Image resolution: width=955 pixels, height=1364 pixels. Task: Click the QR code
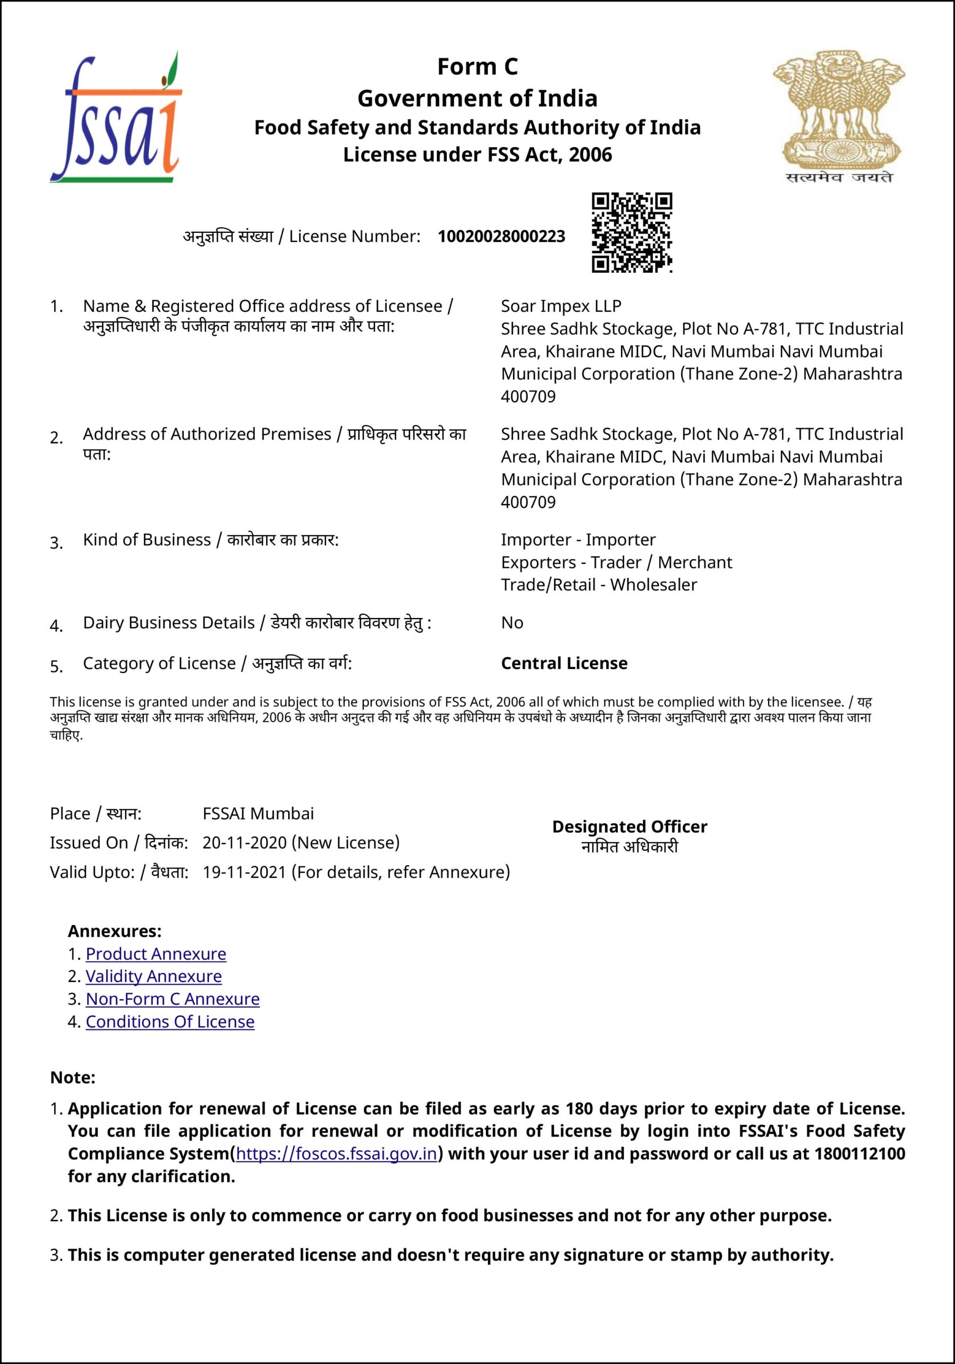click(631, 232)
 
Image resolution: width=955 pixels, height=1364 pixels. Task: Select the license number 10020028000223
click(501, 237)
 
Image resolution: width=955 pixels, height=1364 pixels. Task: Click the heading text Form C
click(477, 67)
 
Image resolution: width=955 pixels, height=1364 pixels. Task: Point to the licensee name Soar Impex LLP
click(561, 306)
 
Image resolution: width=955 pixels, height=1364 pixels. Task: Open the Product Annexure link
click(156, 954)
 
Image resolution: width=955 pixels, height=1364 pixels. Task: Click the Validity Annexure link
click(153, 976)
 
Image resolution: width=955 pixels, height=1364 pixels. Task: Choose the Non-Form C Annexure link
click(172, 998)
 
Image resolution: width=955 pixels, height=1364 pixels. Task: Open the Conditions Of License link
click(170, 1021)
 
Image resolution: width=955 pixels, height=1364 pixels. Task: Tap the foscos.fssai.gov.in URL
click(336, 1154)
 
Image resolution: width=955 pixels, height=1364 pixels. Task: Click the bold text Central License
click(564, 663)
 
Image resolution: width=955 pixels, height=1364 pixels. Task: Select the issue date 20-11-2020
click(244, 842)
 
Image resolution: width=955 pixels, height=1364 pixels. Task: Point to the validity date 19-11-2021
click(244, 872)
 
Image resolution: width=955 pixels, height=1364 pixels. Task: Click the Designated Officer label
click(630, 826)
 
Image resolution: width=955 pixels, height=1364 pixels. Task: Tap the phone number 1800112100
click(859, 1154)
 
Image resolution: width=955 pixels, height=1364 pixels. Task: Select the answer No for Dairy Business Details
click(512, 623)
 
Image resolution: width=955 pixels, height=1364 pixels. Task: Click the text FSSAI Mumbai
click(258, 813)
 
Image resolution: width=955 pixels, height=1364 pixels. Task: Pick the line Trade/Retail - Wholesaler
click(599, 584)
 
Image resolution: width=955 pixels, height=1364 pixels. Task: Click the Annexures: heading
click(115, 931)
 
